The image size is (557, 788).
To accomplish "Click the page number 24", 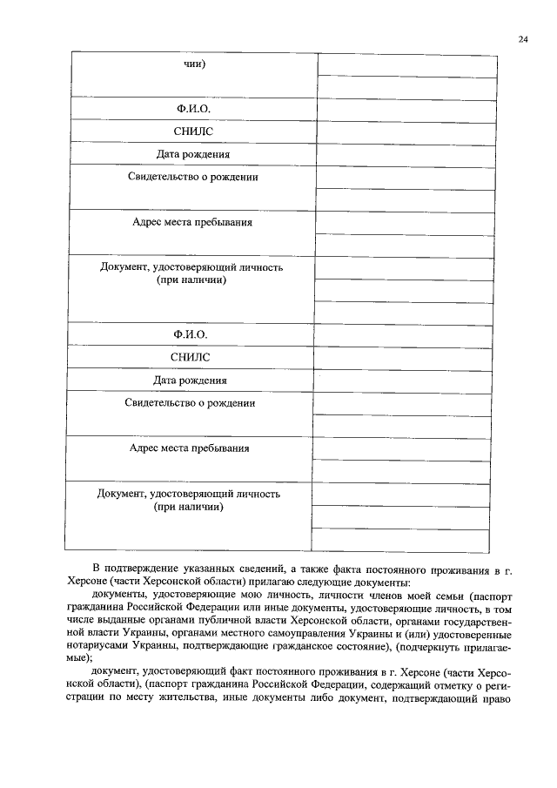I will tap(522, 39).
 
